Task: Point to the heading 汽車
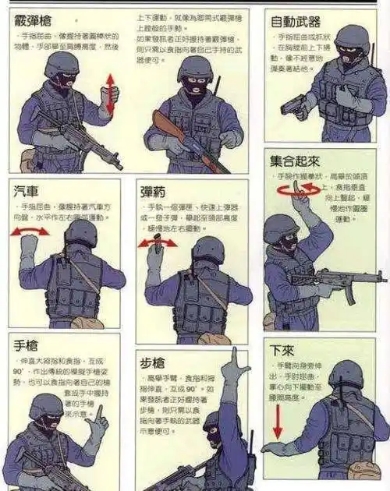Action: point(27,191)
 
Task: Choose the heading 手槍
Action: point(26,345)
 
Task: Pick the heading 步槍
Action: point(154,363)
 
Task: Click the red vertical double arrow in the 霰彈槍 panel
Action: point(111,94)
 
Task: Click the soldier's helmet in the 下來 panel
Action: point(345,373)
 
